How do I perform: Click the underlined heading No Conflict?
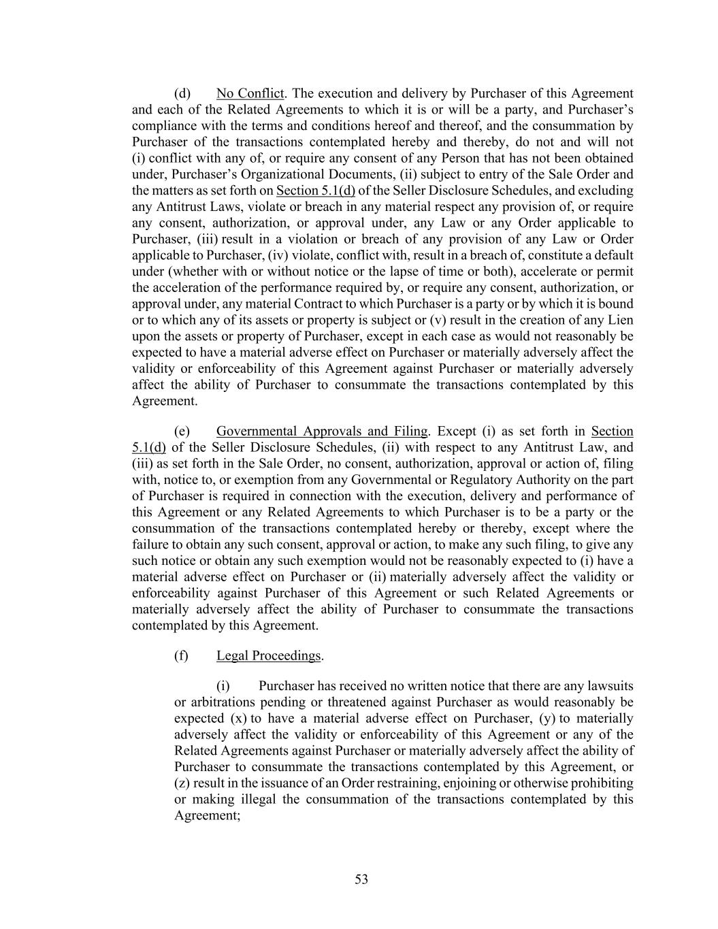250,93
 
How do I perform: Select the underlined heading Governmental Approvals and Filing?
322,431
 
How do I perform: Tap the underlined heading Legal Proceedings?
268,655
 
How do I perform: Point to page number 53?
361,879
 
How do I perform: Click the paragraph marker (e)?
182,431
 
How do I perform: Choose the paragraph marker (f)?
181,655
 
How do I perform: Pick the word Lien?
621,320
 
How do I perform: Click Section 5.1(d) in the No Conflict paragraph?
316,191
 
